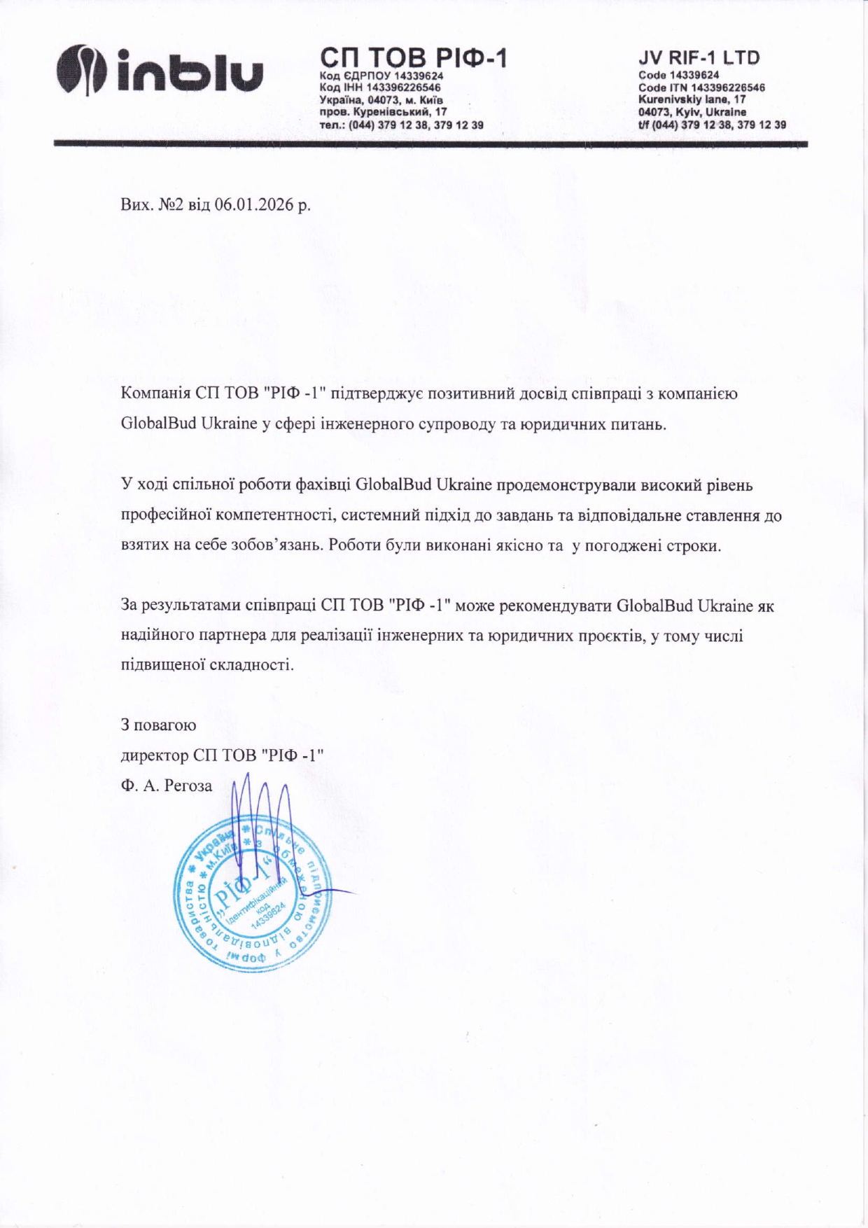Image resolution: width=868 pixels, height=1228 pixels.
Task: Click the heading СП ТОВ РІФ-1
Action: pyautogui.click(x=413, y=57)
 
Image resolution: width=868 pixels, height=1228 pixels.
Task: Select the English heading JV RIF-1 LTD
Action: pyautogui.click(x=699, y=57)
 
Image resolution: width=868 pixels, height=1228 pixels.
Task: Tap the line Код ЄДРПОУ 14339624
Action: pyautogui.click(x=381, y=76)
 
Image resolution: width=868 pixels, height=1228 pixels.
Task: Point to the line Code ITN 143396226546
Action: pyautogui.click(x=701, y=88)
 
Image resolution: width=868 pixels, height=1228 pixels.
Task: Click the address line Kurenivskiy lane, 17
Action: pyautogui.click(x=692, y=99)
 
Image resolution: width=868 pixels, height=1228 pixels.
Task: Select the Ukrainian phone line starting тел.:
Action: pyautogui.click(x=401, y=125)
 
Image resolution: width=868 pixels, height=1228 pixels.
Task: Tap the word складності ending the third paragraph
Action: pyautogui.click(x=258, y=664)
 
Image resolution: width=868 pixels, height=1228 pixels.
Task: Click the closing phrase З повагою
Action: pyautogui.click(x=158, y=725)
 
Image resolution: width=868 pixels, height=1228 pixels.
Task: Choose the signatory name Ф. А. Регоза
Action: pyautogui.click(x=167, y=786)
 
